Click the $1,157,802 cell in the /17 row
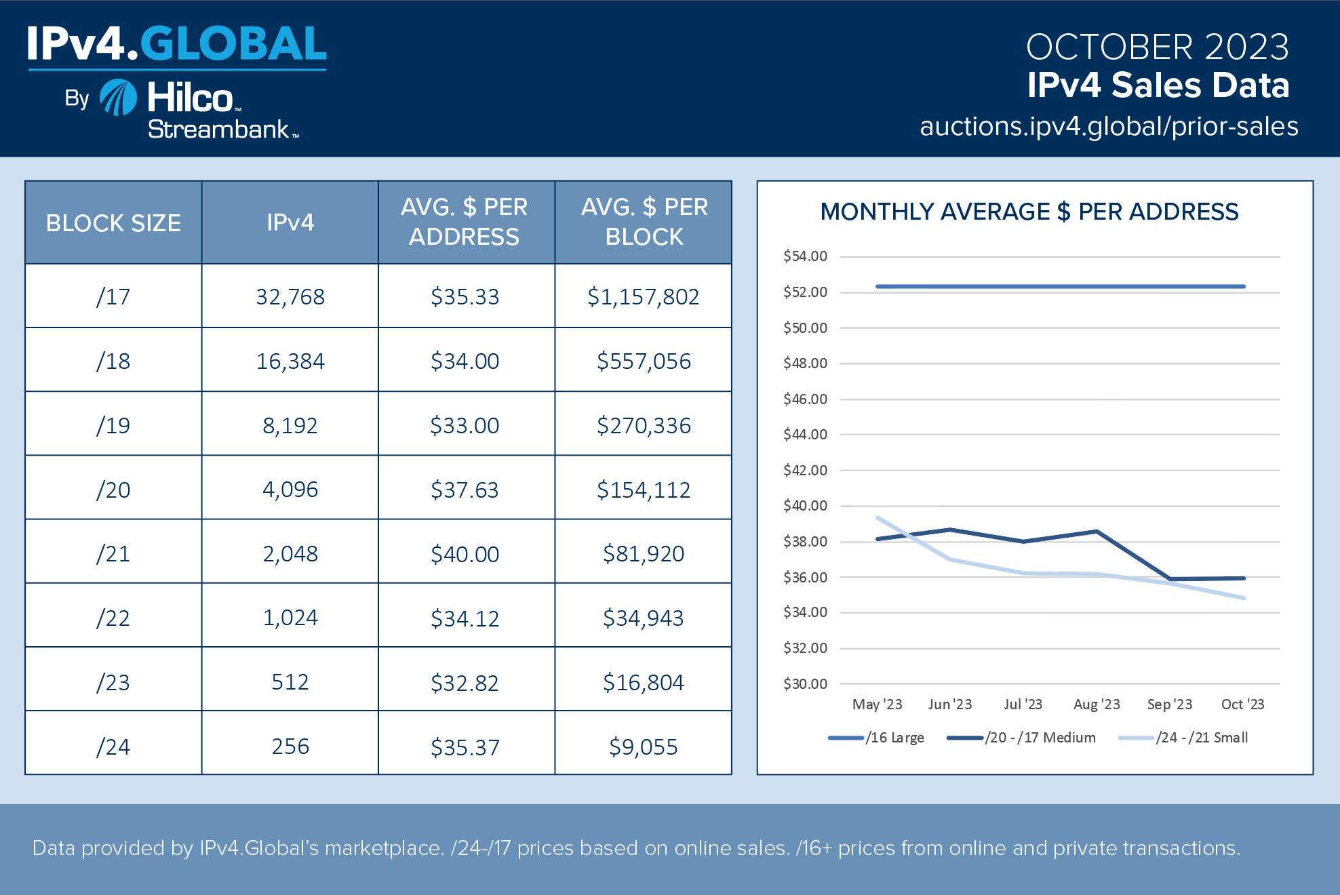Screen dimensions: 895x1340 643,297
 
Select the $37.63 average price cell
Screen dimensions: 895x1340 465,490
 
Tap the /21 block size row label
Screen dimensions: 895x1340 113,554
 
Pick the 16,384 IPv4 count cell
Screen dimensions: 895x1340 290,361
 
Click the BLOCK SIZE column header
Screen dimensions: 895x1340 113,223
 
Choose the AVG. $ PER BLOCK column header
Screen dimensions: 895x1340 644,222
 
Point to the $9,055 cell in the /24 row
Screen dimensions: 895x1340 643,747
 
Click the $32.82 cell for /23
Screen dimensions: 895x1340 465,683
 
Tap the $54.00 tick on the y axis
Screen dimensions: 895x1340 805,256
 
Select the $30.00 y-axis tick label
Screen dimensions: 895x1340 805,684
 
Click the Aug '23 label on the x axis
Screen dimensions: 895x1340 1097,704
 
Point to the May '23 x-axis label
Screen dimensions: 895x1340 877,704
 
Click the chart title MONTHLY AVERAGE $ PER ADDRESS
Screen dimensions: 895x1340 1029,212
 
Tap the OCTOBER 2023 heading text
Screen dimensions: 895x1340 1157,47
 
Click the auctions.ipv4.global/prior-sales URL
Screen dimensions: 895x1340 1109,127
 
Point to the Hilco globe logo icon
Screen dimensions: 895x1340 119,98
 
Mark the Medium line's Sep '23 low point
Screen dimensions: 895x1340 1170,579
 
